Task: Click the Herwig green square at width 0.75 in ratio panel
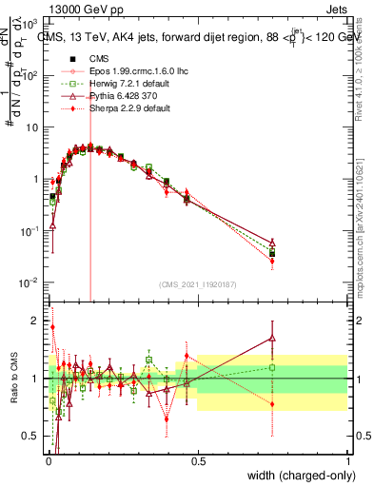273,367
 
